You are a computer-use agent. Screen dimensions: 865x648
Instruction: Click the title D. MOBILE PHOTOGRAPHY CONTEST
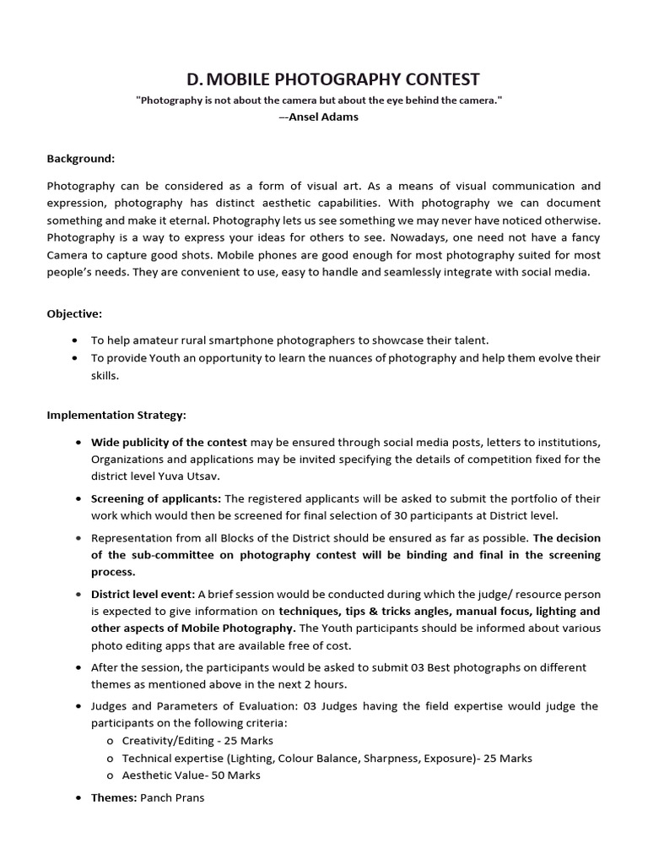(332, 79)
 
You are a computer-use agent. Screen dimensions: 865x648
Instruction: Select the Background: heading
(81, 158)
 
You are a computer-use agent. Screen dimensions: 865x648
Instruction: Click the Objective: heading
(74, 313)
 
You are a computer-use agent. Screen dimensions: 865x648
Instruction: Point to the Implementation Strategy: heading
(116, 415)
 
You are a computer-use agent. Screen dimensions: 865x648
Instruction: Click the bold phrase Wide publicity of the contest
(169, 442)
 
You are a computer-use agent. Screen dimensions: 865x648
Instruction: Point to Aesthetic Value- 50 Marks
(191, 775)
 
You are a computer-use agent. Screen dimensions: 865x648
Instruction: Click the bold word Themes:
(114, 797)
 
